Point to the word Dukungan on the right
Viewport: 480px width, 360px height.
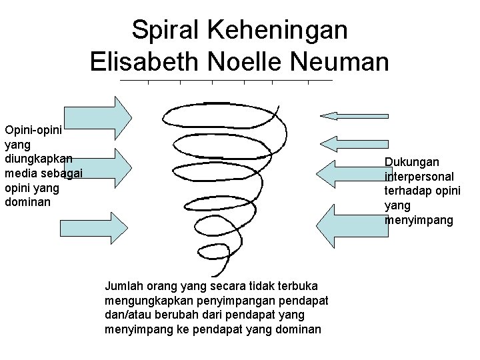coord(411,162)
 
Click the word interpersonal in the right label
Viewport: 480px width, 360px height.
coord(419,177)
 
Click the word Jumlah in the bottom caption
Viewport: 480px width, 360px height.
coord(123,285)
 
